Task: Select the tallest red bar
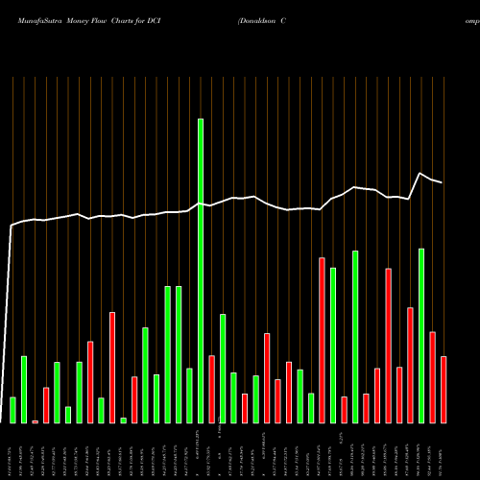322,340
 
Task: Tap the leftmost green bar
12,410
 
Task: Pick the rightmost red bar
444,390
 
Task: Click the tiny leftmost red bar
35,421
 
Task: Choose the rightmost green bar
421,336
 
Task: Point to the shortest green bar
123,420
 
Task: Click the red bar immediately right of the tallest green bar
211,389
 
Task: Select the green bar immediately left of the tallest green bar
189,396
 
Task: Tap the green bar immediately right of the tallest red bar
333,346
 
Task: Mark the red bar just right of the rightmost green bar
432,377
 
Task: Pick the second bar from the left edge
24,390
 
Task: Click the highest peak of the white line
421,173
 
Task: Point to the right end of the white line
443,182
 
